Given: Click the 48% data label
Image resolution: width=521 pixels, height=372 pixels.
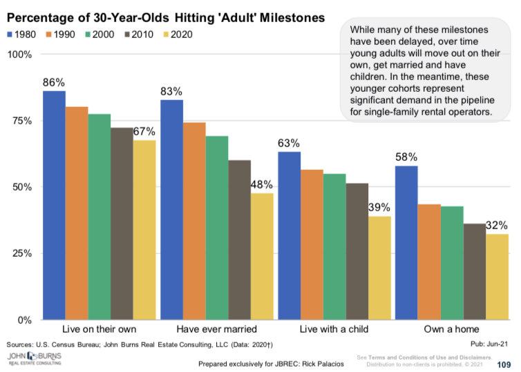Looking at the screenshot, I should [262, 184].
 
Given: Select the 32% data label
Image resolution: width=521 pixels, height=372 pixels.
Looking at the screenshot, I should [497, 225].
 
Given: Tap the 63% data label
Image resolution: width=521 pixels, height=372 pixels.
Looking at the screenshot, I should [289, 143].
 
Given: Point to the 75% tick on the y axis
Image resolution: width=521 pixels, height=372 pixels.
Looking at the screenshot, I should [22, 121].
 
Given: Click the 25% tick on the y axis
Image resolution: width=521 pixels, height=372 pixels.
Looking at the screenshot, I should [22, 253].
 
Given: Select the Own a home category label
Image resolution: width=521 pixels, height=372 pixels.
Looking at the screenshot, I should [451, 330].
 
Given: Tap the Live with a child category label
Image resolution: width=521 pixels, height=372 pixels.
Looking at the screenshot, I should [334, 330].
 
